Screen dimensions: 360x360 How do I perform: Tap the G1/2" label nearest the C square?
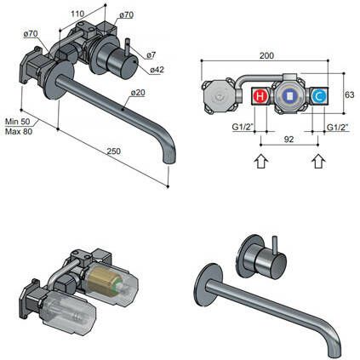click(x=340, y=128)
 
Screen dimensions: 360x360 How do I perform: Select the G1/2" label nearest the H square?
click(x=244, y=128)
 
